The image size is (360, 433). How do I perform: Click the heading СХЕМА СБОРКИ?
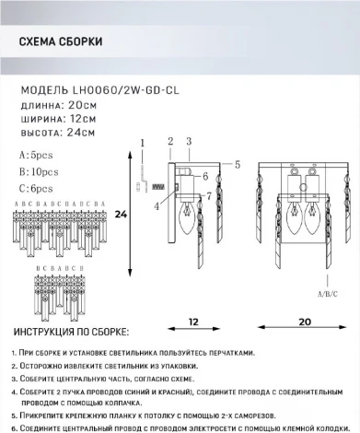[60, 42]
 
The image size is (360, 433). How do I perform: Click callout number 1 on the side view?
[143, 141]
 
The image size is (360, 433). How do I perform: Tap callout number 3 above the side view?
[187, 141]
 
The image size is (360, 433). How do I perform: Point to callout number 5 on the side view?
[237, 164]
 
